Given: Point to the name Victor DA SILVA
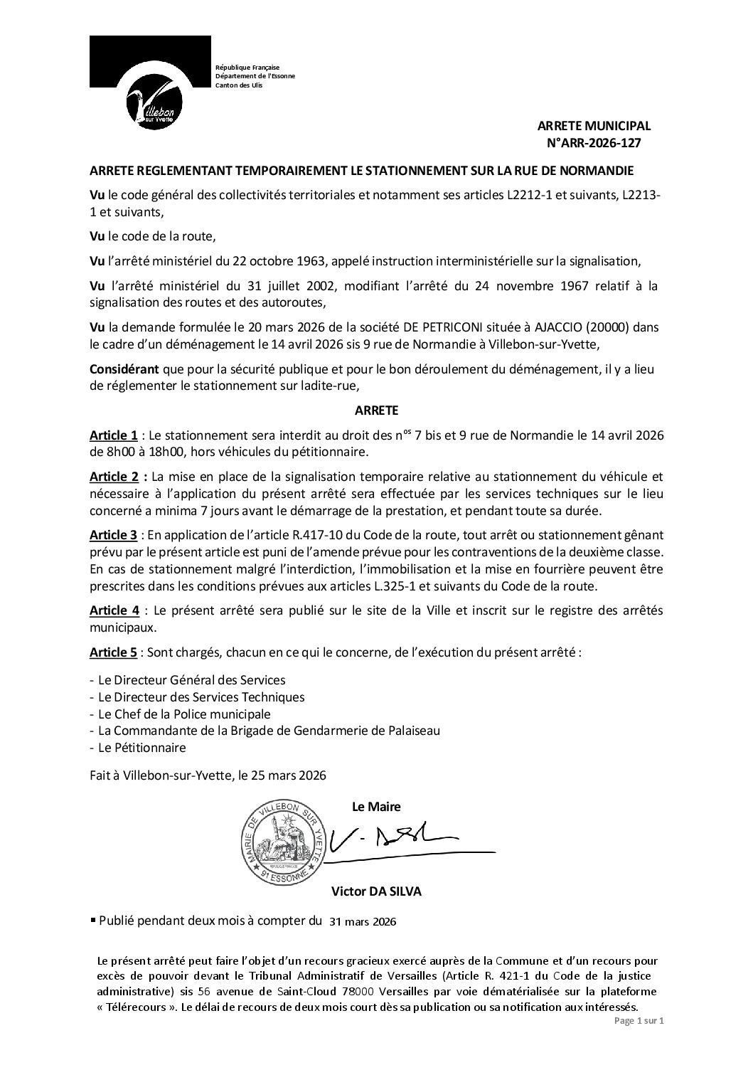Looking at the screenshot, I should coord(376,891).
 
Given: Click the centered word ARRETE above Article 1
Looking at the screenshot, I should coord(376,410).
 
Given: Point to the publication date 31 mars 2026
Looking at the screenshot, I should coord(363,921).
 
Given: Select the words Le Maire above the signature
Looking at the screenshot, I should coord(376,807).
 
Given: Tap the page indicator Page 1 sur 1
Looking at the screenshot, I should coord(638,1041).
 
